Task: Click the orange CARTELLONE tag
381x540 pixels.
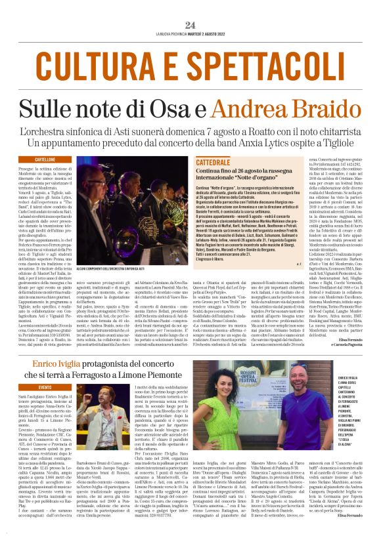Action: pos(45,159)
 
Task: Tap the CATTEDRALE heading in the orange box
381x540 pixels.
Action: pos(212,161)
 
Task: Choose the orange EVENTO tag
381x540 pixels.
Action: pos(45,388)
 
